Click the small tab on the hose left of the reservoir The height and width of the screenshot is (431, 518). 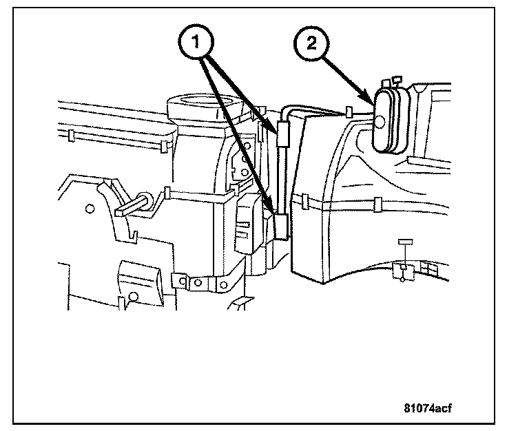click(x=349, y=111)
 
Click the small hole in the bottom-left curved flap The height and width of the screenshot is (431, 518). click(x=133, y=295)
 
